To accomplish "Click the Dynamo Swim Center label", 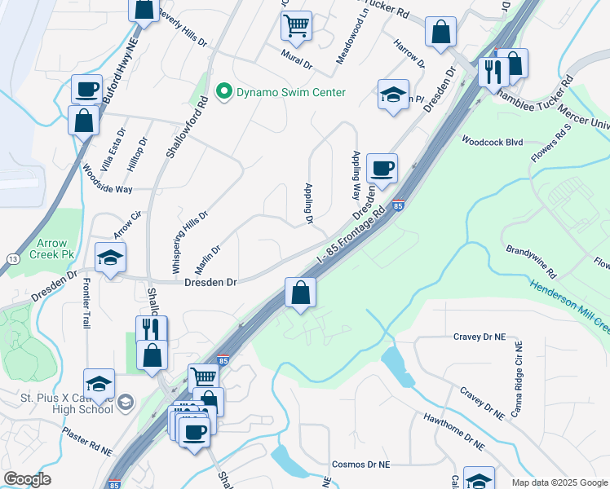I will pos(290,92).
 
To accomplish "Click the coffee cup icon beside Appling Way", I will pos(382,169).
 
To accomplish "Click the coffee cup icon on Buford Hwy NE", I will pos(86,90).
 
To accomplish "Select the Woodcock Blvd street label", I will pos(491,141).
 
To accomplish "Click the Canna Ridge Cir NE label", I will pos(515,380).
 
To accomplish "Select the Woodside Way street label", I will pos(107,188).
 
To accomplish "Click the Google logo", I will pos(27,479).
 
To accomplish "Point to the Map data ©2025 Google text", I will pos(559,482).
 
